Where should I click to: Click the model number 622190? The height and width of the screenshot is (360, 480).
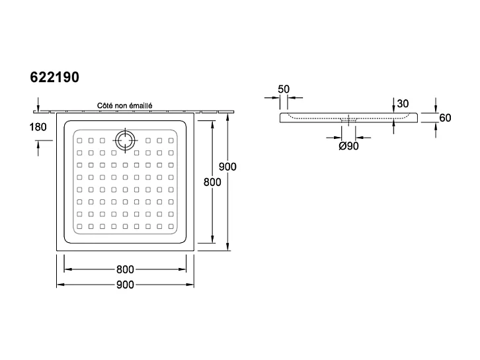coord(55,77)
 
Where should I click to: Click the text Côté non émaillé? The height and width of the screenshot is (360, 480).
coord(125,105)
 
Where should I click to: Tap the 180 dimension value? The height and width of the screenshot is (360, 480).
coord(38,126)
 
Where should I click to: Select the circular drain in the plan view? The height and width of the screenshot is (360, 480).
coord(124,140)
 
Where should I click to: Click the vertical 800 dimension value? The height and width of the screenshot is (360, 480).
coord(212,183)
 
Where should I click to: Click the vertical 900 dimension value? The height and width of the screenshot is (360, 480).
coord(227,167)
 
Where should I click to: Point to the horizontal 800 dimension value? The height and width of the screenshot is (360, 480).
coord(125,269)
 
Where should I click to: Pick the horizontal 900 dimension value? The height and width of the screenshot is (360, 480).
coord(125,285)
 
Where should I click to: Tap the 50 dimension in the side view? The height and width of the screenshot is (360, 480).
coord(284,89)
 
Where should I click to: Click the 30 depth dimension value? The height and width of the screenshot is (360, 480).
coord(403,103)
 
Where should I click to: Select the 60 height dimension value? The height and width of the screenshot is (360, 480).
coord(445,118)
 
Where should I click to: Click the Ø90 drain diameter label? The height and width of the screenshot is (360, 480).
coord(348,146)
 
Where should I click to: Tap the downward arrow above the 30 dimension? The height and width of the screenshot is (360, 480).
coord(395,107)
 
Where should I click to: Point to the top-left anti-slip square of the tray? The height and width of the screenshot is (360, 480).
coord(79,140)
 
